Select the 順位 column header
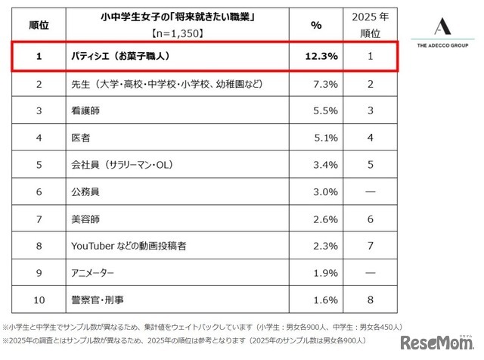pyautogui.click(x=39, y=23)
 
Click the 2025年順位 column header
pyautogui.click(x=369, y=23)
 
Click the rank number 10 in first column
pyautogui.click(x=39, y=300)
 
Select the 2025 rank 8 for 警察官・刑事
pyautogui.click(x=369, y=300)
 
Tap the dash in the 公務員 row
pyautogui.click(x=369, y=192)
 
